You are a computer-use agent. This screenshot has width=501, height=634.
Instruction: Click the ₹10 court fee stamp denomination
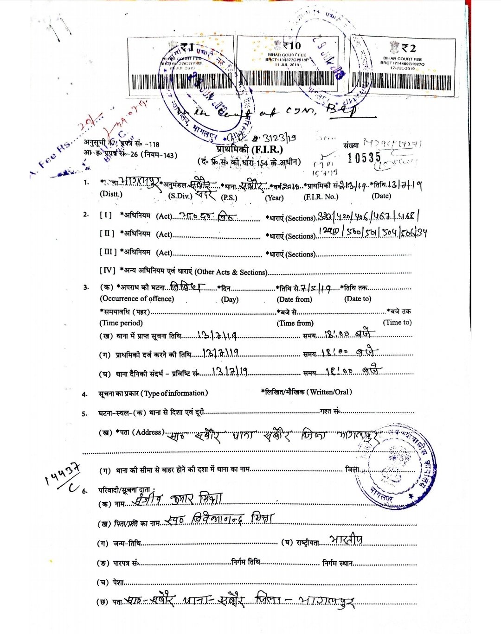(x=292, y=45)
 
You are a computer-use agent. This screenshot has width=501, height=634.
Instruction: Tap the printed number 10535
(x=364, y=158)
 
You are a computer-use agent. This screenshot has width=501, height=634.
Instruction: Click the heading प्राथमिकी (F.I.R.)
(x=249, y=150)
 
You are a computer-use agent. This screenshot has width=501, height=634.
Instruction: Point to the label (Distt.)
(x=111, y=194)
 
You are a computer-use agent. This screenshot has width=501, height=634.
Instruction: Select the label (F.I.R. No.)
(x=321, y=197)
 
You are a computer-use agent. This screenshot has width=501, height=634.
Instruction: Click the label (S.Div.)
(x=180, y=196)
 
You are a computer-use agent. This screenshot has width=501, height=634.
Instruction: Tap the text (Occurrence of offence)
(x=137, y=299)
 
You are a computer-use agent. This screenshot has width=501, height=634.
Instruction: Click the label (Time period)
(x=121, y=323)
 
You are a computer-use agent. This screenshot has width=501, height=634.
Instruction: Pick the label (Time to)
(x=397, y=323)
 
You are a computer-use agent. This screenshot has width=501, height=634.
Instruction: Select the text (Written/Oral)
(x=331, y=392)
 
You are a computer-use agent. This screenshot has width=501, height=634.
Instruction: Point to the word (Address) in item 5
(x=148, y=432)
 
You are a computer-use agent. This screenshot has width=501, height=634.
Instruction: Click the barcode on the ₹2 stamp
(x=401, y=82)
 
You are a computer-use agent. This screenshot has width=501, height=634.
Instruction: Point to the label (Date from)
(x=294, y=299)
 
